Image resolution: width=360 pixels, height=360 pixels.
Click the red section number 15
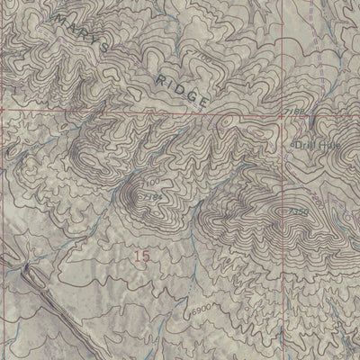click(x=140, y=256)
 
